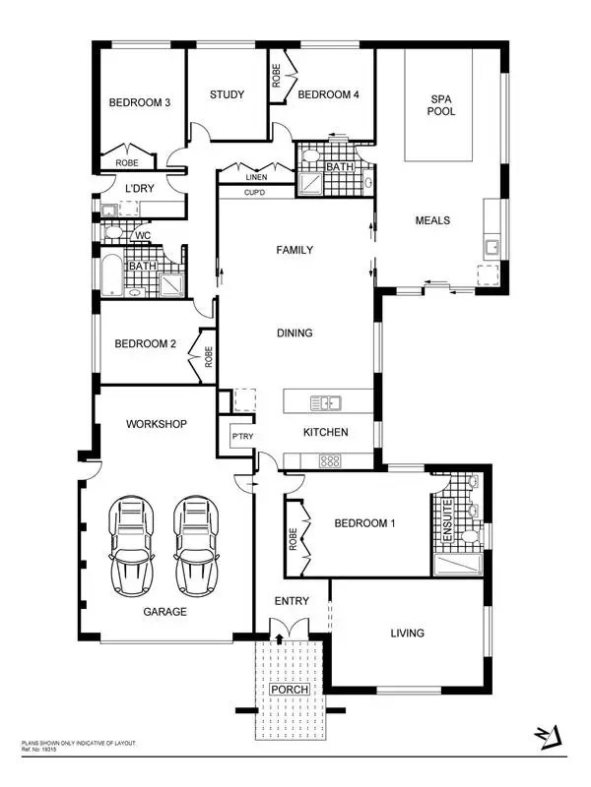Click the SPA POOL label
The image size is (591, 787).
[x=439, y=105]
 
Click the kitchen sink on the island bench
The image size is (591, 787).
[x=325, y=402]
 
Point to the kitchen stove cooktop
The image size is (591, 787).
[x=329, y=460]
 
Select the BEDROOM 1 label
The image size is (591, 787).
[x=363, y=523]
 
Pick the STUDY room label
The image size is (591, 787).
[x=227, y=94]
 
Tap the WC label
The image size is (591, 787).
[x=143, y=235]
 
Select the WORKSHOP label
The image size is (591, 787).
[x=157, y=424]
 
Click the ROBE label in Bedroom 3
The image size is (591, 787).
[x=126, y=163]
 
